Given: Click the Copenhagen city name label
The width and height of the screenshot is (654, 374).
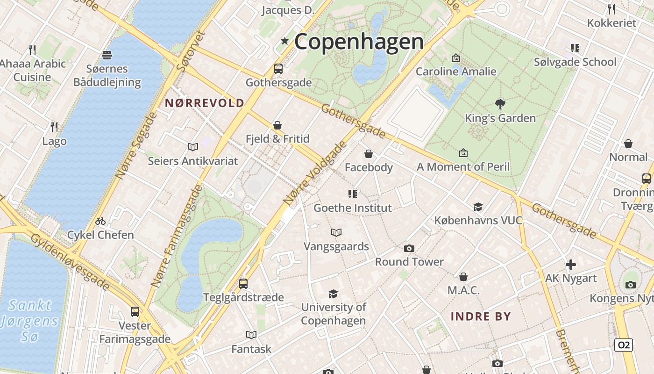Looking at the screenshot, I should pyautogui.click(x=359, y=42).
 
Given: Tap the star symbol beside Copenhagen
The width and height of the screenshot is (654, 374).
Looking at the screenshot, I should pyautogui.click(x=284, y=41).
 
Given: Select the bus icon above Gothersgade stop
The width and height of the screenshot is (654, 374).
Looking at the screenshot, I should pyautogui.click(x=278, y=69).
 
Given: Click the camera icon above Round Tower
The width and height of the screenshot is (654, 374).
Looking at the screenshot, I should pyautogui.click(x=409, y=248).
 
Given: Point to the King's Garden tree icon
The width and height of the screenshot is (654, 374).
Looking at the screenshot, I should pyautogui.click(x=500, y=104).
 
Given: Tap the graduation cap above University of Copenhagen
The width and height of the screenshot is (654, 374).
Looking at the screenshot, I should pyautogui.click(x=333, y=294).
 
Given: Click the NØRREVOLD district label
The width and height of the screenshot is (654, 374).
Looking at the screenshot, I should pyautogui.click(x=205, y=103).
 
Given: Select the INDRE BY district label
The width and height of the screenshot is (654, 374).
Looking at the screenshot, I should pyautogui.click(x=481, y=316).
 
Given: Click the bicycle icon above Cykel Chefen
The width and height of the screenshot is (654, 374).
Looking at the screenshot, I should pyautogui.click(x=100, y=221).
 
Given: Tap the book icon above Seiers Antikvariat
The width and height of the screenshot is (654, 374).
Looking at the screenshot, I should pyautogui.click(x=193, y=147).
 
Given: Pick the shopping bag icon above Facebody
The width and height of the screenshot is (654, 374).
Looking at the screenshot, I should pyautogui.click(x=369, y=154).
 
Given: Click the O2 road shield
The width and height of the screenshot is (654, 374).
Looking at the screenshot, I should pyautogui.click(x=623, y=345).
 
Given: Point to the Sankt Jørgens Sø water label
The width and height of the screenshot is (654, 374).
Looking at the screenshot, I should pyautogui.click(x=30, y=321).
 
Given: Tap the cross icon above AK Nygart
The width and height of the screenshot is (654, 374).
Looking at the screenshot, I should pyautogui.click(x=570, y=265).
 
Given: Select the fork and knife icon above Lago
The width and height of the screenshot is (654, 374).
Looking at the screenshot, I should pyautogui.click(x=54, y=127).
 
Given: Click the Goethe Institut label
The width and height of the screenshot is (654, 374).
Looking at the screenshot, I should pyautogui.click(x=353, y=208).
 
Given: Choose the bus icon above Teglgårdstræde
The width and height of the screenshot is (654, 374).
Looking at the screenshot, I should pyautogui.click(x=243, y=283).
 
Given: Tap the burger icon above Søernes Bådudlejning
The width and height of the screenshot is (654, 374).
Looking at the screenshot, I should pyautogui.click(x=107, y=55).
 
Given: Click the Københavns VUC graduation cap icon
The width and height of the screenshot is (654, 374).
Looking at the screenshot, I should pyautogui.click(x=478, y=207).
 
